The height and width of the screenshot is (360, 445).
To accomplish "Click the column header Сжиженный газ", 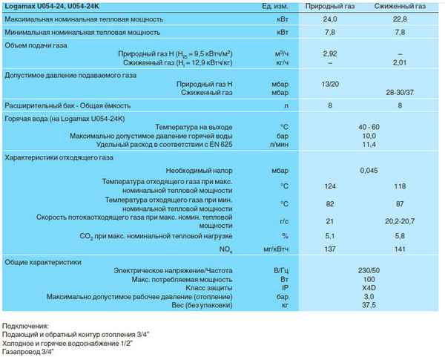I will pyautogui.click(x=399, y=7).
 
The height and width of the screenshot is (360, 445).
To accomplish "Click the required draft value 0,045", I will pyautogui.click(x=369, y=171).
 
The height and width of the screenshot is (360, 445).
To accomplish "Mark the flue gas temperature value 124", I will pyautogui.click(x=331, y=186).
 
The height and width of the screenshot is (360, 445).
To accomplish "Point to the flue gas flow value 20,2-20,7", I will pyautogui.click(x=399, y=221).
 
